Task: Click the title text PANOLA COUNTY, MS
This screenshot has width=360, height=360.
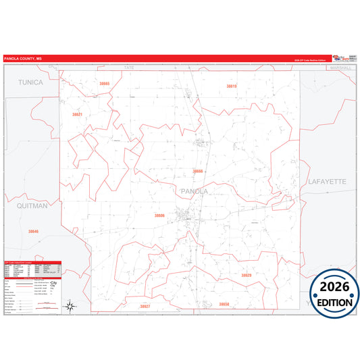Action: point(23,59)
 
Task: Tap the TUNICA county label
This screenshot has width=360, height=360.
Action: point(29,82)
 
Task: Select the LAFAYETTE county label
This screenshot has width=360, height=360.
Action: point(326,182)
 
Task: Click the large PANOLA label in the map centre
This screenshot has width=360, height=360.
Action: point(195,191)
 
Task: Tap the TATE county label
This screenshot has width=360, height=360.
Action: point(130,68)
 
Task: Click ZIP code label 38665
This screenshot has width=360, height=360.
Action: point(104,83)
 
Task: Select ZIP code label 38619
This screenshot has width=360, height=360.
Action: point(232,86)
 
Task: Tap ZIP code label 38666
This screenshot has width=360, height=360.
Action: point(198,172)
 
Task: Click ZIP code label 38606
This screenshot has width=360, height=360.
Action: point(159,215)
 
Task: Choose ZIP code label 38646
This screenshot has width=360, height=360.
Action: point(34,232)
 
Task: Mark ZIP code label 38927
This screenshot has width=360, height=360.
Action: point(145,306)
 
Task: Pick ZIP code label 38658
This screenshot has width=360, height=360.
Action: point(224,304)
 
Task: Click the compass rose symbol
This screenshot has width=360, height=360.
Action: point(70,306)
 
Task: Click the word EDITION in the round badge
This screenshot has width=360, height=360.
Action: point(334,302)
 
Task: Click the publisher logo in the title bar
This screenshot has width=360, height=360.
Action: point(347,58)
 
